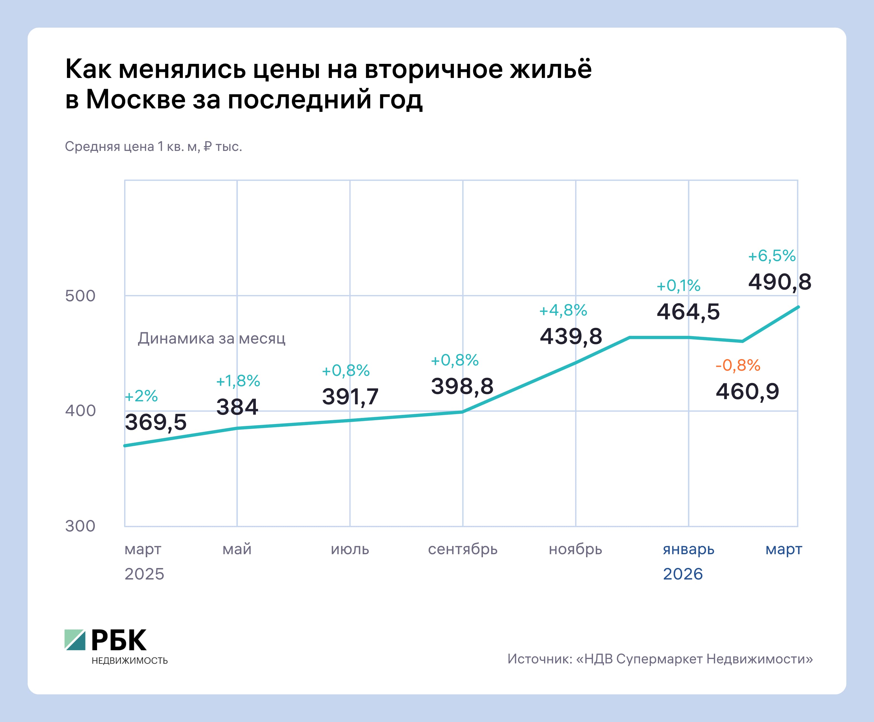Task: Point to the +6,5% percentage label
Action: (x=772, y=256)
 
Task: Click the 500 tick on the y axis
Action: (x=80, y=296)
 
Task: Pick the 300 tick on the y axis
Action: (x=80, y=526)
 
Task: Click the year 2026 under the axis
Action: (x=683, y=574)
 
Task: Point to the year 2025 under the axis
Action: (x=144, y=574)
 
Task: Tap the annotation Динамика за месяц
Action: (x=211, y=339)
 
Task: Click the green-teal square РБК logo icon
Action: (x=75, y=640)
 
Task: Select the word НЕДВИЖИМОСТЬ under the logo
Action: (x=129, y=661)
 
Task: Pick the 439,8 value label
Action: (x=571, y=336)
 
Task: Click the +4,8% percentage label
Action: (x=563, y=310)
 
